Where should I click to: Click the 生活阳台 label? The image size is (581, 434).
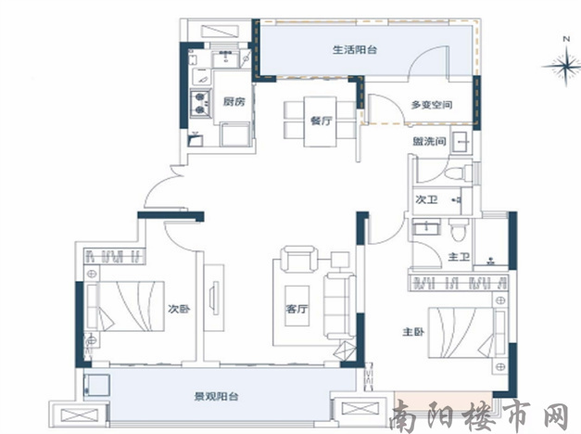coord(355,50)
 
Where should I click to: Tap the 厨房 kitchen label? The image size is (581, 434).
coord(234,101)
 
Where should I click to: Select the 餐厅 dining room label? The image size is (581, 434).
coord(322,121)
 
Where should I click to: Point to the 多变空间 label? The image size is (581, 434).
coord(431,105)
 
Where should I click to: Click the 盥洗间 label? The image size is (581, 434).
coord(429,141)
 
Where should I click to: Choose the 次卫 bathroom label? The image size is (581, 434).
coord(426,200)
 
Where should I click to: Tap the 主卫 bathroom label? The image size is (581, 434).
coord(459,256)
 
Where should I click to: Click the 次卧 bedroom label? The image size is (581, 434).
coord(180,309)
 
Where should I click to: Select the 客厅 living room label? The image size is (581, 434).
coord(297,309)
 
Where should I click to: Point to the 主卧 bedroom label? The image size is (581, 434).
coord(413,332)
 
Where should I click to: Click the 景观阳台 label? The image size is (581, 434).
coord(216,397)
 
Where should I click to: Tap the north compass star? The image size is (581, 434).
coord(566,66)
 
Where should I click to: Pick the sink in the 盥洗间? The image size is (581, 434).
coord(461,141)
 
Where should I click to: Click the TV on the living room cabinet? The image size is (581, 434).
coord(214,298)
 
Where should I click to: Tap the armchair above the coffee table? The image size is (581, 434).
coord(299,259)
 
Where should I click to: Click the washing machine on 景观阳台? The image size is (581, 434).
coord(97,385)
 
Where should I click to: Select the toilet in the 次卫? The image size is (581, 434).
coord(459,173)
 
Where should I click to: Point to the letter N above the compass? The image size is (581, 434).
coord(566,39)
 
